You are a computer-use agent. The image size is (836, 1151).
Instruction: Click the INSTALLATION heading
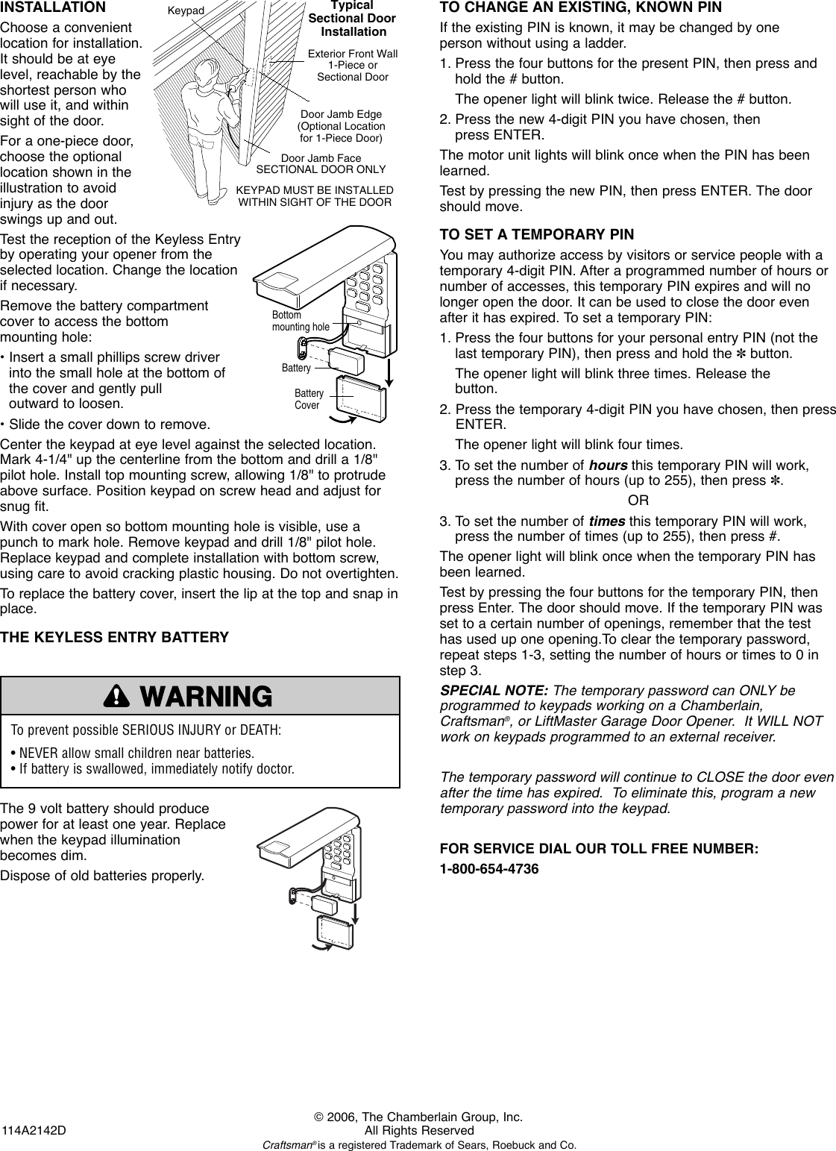pos(53,8)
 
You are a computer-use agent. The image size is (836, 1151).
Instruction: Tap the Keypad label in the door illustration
pos(186,10)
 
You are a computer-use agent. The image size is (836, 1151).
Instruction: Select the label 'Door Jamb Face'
pos(321,158)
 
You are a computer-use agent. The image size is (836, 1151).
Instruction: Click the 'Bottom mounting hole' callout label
pos(300,322)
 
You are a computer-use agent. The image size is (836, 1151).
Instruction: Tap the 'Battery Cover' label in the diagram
pos(308,399)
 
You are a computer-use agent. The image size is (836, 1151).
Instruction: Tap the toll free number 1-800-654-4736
pos(489,870)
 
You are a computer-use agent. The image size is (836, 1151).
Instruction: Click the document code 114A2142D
pos(34,1130)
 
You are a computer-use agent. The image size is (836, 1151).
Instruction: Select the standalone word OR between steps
pos(638,500)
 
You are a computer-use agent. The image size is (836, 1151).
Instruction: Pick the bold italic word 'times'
pos(607,521)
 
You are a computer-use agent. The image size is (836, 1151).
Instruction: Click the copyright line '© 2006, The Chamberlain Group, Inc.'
pos(418,1117)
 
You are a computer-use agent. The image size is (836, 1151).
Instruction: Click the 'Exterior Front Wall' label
pos(353,54)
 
